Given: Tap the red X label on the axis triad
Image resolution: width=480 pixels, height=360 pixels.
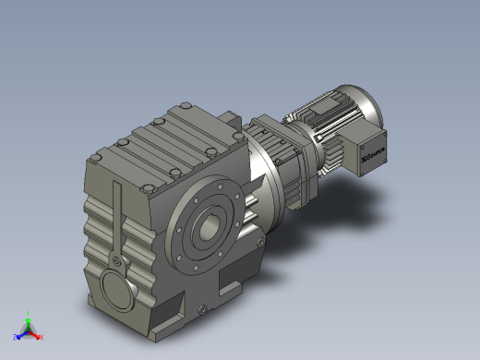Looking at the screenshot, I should point(41,337).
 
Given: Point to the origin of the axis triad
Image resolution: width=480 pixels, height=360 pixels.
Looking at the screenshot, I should point(28,330).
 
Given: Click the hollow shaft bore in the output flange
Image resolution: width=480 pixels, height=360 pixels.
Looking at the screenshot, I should point(211,227).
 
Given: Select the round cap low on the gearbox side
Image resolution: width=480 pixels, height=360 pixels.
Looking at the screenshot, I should point(117,288).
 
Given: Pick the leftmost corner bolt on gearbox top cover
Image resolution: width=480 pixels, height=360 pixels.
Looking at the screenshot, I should point(95,161).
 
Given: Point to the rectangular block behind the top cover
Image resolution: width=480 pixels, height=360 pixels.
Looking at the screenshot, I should point(229,120).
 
